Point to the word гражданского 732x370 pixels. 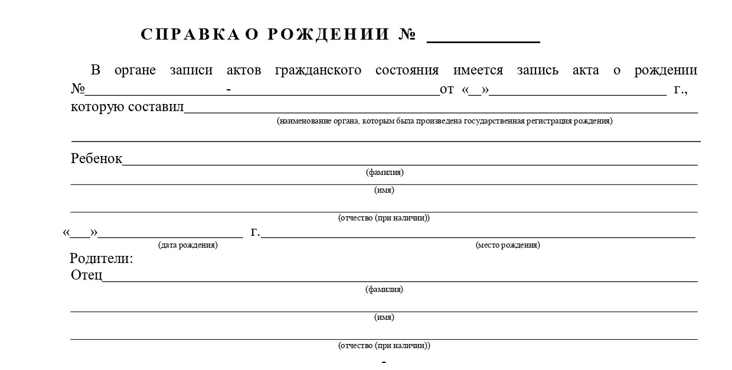(318, 70)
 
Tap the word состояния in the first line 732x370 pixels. (407, 70)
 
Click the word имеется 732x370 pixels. (478, 70)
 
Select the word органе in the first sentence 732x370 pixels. (135, 70)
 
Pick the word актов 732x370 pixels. (244, 70)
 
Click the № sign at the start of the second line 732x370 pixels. (78, 90)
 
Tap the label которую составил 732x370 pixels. (127, 107)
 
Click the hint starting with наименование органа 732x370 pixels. (445, 121)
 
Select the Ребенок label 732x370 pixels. (96, 158)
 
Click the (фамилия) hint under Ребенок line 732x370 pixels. (384, 173)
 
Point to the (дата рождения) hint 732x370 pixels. (188, 245)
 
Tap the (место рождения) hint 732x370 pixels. (508, 245)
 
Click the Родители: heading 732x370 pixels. (102, 258)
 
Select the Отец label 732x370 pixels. (86, 275)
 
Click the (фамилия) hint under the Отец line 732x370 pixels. (384, 290)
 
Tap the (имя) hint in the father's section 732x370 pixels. (384, 317)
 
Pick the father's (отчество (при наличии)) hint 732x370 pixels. (384, 345)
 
